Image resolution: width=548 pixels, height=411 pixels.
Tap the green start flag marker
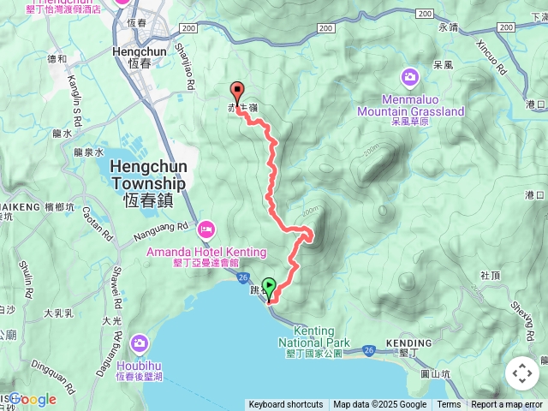[x=269, y=287]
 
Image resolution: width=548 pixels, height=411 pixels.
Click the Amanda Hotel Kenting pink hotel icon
[x=206, y=229]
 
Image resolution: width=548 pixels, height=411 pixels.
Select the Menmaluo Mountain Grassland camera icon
[x=410, y=78]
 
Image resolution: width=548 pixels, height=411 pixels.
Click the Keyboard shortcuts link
[x=286, y=405]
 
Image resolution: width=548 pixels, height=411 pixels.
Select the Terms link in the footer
[x=449, y=405]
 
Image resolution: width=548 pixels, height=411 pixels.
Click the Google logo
[x=33, y=399]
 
